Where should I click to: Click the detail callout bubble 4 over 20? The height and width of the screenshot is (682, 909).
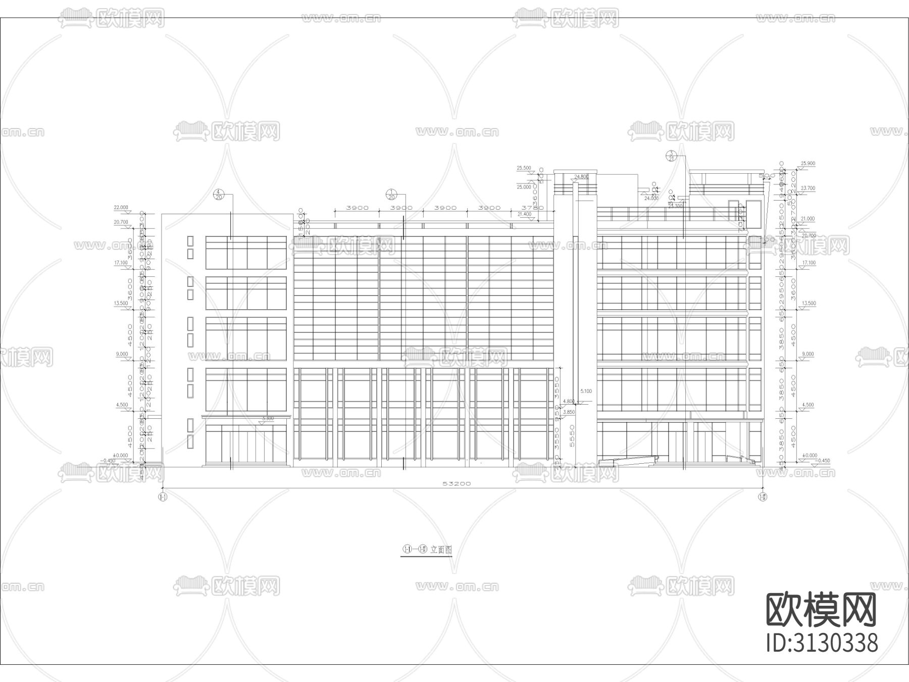click(x=219, y=194)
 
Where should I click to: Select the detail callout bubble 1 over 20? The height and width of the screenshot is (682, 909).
click(x=391, y=194)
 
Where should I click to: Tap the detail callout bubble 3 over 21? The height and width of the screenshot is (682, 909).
click(x=672, y=156)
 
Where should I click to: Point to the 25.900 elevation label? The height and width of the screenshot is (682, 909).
click(x=808, y=164)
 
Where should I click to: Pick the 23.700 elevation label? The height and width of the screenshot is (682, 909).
click(x=808, y=188)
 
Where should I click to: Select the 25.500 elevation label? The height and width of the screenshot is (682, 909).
click(x=524, y=168)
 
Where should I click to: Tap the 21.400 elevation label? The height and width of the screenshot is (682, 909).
click(x=525, y=214)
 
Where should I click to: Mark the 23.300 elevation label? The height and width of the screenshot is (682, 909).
click(x=675, y=206)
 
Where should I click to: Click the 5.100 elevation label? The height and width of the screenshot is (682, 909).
click(x=586, y=391)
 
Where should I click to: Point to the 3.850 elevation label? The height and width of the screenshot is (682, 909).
click(x=569, y=412)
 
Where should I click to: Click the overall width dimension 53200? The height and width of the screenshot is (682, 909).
click(x=457, y=483)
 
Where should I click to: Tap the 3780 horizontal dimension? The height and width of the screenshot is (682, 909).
click(x=532, y=208)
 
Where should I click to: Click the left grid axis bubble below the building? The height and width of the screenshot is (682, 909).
click(x=163, y=497)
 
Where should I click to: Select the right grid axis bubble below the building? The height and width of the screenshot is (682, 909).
click(x=763, y=497)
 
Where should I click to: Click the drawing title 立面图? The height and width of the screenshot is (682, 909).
click(x=441, y=550)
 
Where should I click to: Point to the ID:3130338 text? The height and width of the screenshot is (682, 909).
click(x=822, y=644)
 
